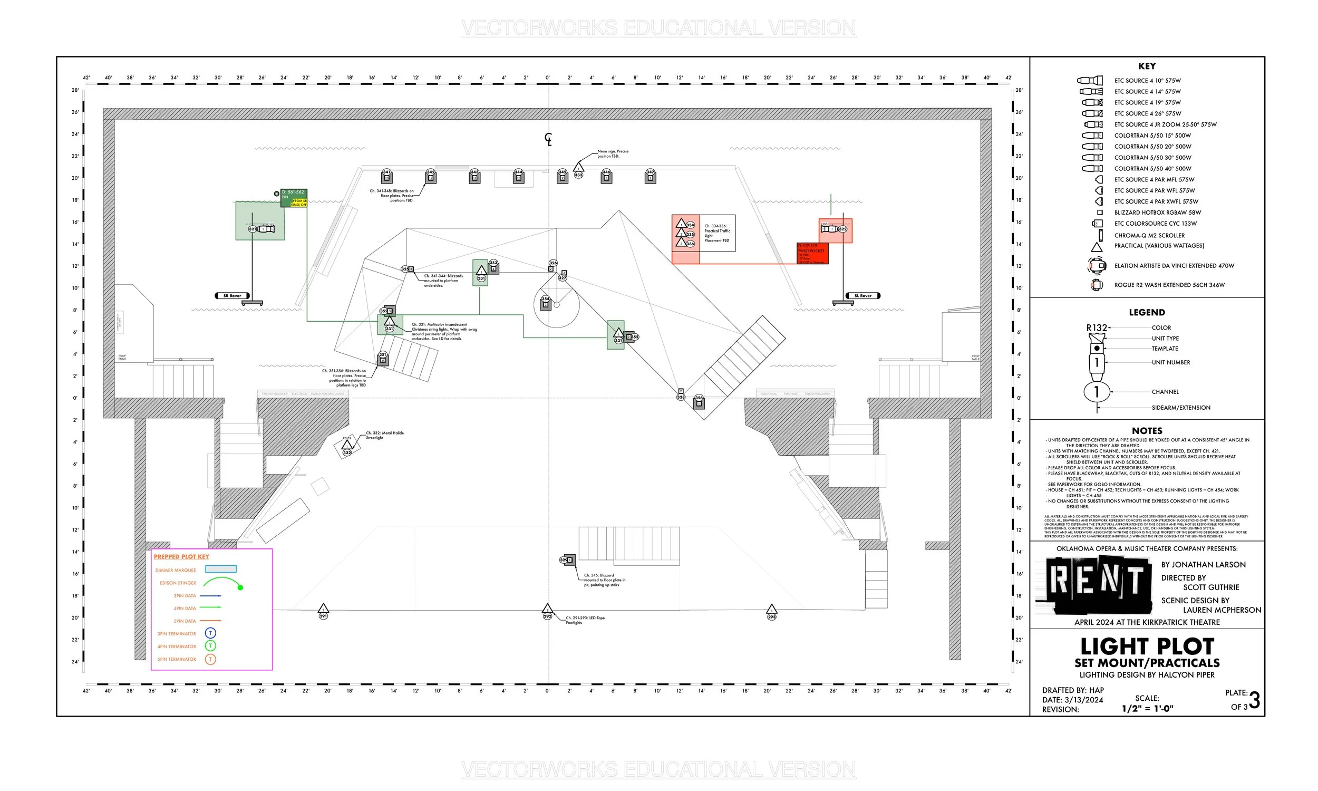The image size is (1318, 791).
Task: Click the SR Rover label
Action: click(232, 296)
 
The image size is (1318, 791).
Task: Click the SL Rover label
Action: click(862, 296)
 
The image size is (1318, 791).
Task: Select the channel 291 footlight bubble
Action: click(323, 616)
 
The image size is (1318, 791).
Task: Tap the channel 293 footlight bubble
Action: click(772, 616)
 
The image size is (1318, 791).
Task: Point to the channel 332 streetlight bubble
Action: click(347, 452)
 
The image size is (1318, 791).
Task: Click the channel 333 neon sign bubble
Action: click(578, 175)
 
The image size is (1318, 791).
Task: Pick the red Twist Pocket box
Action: click(812, 253)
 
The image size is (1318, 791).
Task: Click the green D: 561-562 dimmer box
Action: click(294, 195)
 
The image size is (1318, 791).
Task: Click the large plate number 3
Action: click(1254, 700)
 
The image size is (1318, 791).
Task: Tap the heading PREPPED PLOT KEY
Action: click(181, 556)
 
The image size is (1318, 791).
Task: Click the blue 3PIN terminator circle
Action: click(210, 633)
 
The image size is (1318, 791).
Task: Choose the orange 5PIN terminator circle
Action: click(210, 659)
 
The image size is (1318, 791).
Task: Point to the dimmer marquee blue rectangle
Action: click(220, 570)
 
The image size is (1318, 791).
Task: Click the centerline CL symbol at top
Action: click(548, 139)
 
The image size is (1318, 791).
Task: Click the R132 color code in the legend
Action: click(1097, 328)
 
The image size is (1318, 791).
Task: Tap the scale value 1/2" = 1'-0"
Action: click(1148, 708)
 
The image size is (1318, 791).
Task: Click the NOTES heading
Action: click(1147, 431)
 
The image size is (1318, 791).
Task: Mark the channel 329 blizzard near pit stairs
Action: click(565, 560)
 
